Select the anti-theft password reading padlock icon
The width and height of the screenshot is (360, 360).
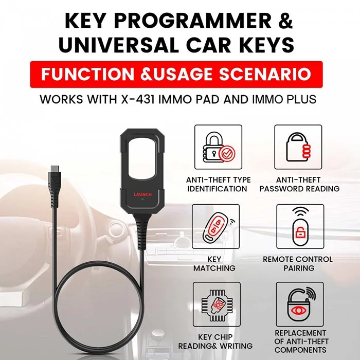[299, 148]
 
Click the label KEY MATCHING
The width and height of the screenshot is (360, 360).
[214, 264]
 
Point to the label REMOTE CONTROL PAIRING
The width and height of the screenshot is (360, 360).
[298, 264]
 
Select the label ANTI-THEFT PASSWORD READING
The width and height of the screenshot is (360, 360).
[299, 184]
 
